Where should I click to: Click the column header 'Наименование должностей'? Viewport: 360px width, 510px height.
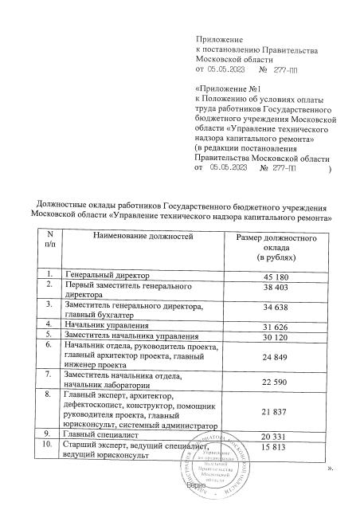coord(143,237)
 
